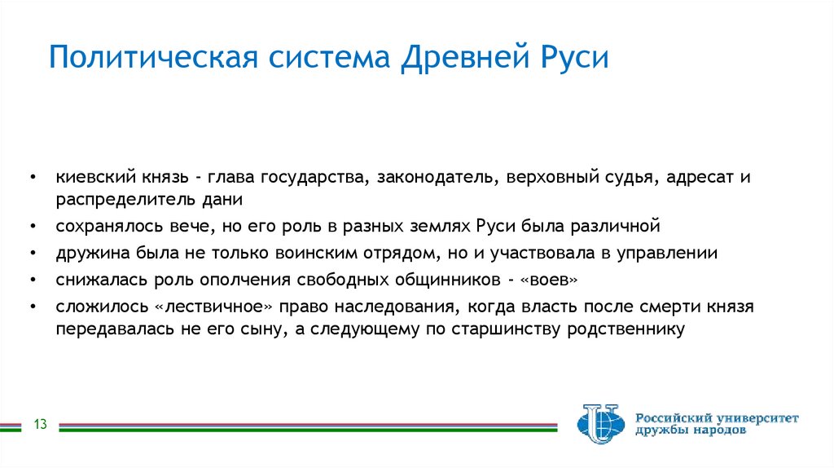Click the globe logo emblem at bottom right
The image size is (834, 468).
point(600,422)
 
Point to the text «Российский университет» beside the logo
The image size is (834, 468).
point(717,417)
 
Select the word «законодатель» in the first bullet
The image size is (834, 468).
point(437,177)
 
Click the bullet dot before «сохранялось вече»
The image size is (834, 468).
point(32,225)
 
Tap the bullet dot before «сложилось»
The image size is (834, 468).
point(32,307)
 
